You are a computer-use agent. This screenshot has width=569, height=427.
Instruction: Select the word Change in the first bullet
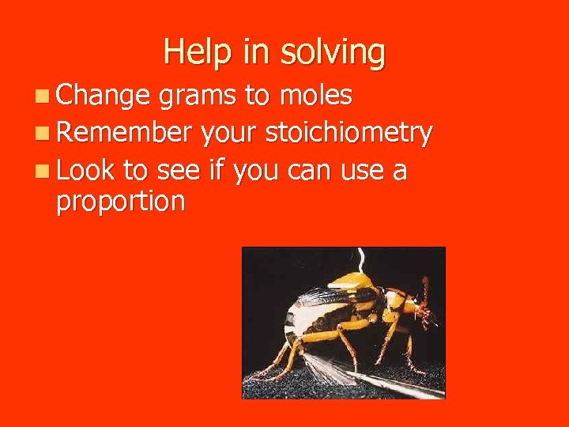103,96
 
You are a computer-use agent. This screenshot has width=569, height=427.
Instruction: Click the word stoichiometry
349,133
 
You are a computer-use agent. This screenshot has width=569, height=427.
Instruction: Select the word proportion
120,202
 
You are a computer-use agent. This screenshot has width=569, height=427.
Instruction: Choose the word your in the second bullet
228,134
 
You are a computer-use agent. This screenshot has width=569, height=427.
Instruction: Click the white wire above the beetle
360,260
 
